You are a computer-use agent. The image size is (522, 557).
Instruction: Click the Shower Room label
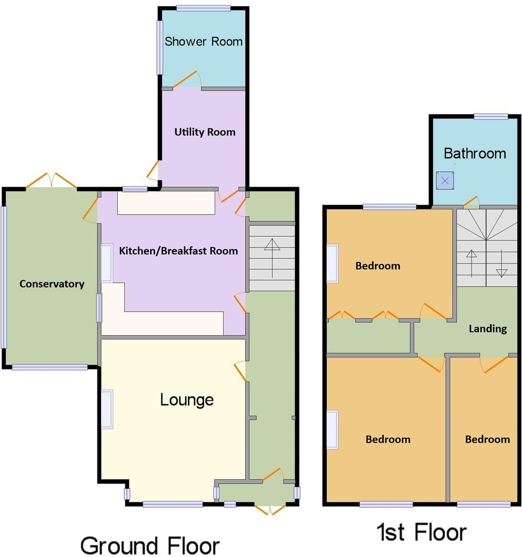pyautogui.click(x=203, y=42)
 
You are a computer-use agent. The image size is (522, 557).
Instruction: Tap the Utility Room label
pyautogui.click(x=204, y=132)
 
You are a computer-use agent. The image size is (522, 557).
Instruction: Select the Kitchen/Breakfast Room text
pyautogui.click(x=178, y=251)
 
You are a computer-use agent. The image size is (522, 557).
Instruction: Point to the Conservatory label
pyautogui.click(x=52, y=284)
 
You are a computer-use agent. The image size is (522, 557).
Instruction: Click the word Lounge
pyautogui.click(x=187, y=400)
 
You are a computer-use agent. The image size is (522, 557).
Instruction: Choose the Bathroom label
pyautogui.click(x=475, y=154)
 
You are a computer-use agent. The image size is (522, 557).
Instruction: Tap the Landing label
pyautogui.click(x=487, y=329)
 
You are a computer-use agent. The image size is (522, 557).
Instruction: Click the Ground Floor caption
pyautogui.click(x=150, y=545)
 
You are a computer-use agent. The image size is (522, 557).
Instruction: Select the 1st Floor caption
pyautogui.click(x=421, y=532)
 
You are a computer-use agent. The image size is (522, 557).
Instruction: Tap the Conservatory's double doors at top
pyautogui.click(x=51, y=181)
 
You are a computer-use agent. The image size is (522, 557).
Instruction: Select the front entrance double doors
pyautogui.click(x=270, y=510)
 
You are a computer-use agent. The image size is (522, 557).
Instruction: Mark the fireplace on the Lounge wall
pyautogui.click(x=107, y=409)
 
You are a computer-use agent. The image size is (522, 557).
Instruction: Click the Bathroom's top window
pyautogui.click(x=491, y=117)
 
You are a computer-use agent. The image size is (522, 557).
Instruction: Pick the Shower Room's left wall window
pyautogui.click(x=160, y=47)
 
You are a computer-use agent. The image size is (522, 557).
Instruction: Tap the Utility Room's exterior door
pyautogui.click(x=153, y=171)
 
